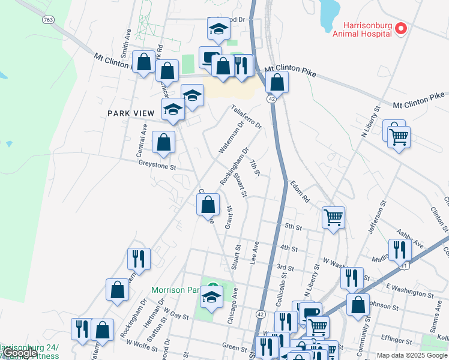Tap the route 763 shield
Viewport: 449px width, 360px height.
tap(49, 20)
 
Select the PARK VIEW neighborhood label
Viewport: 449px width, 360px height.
tap(131, 113)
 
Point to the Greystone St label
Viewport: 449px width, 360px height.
tap(157, 163)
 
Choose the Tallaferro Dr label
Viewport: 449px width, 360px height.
tap(247, 118)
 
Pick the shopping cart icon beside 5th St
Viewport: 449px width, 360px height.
tap(333, 217)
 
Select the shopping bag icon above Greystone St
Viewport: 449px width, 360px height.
tap(163, 142)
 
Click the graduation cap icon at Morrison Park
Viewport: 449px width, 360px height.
tap(211, 297)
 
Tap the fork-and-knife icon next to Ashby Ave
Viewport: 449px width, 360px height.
tap(399, 250)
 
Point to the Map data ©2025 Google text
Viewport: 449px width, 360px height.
tap(412, 355)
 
